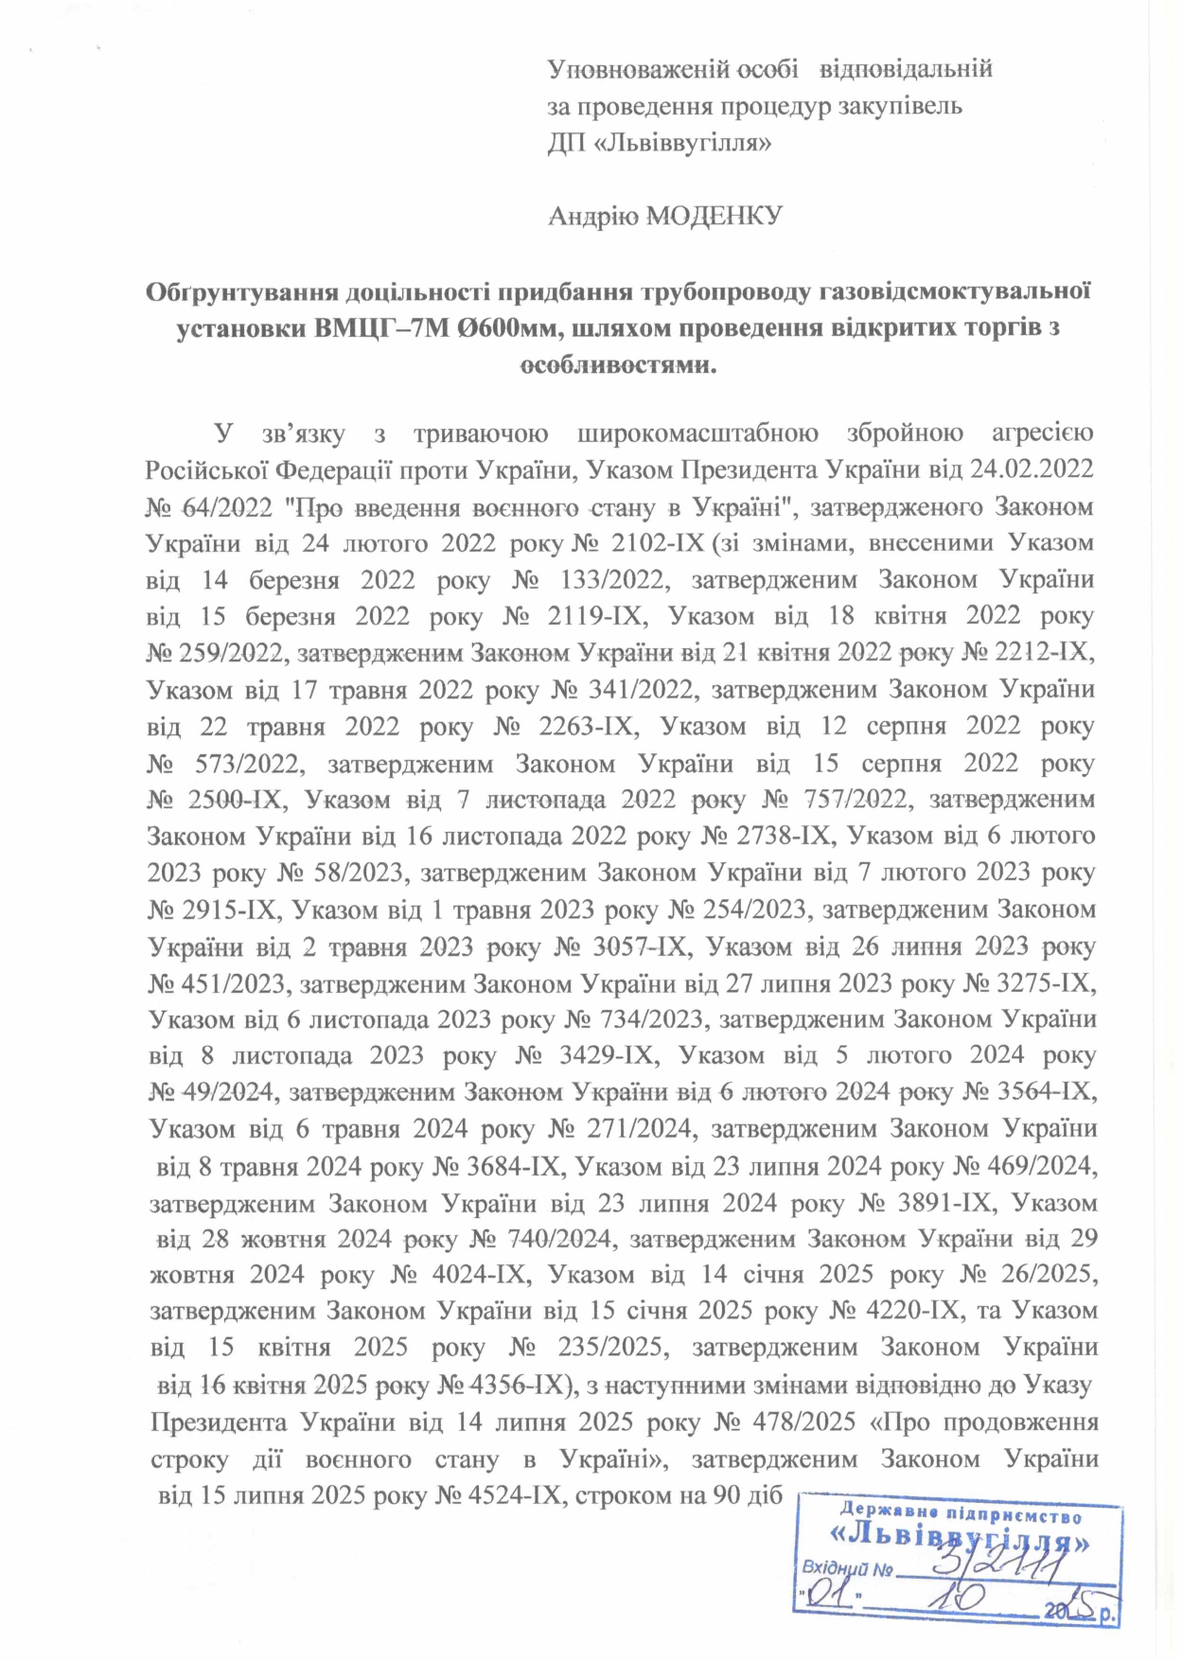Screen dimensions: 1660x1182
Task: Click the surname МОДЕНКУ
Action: (714, 217)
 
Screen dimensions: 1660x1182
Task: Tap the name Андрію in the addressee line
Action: (593, 217)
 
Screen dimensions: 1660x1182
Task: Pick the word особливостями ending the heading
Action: (619, 365)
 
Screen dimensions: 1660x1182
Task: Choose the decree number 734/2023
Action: (653, 1019)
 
